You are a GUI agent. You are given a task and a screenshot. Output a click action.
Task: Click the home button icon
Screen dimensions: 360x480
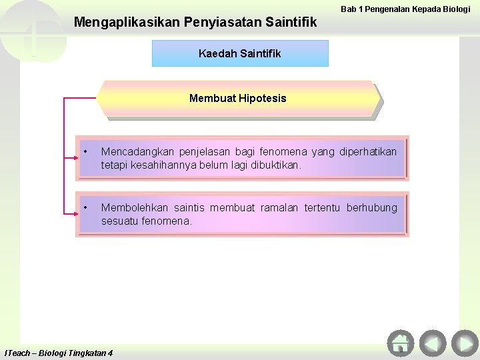click(400, 343)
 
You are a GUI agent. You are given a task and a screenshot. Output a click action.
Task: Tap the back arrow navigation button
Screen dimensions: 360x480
click(433, 343)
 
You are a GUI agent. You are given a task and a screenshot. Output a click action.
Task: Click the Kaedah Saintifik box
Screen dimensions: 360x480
click(240, 53)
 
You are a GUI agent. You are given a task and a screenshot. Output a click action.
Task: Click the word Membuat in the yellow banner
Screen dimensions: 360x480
click(207, 99)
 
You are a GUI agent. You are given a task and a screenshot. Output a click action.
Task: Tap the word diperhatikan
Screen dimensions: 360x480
click(368, 152)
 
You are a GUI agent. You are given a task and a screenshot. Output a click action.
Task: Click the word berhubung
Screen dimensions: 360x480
click(371, 208)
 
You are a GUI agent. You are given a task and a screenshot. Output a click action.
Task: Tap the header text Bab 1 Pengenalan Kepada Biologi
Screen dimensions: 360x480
click(405, 9)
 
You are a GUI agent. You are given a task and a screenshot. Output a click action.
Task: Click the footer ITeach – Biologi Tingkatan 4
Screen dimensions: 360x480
click(59, 353)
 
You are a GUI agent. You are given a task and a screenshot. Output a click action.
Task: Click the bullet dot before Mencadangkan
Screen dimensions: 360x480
click(85, 152)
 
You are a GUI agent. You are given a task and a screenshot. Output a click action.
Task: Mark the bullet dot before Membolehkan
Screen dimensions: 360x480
click(85, 208)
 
